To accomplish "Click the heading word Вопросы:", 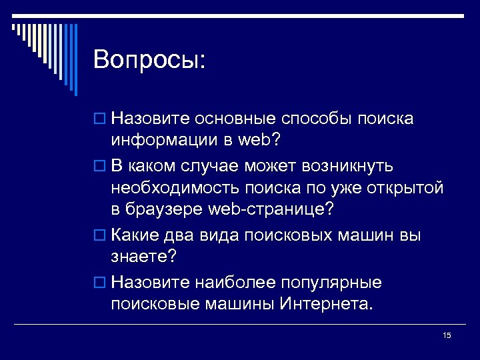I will point(150,60).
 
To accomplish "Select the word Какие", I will point(134,235).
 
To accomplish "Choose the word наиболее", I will point(232,281).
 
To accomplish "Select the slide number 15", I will point(447,335).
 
